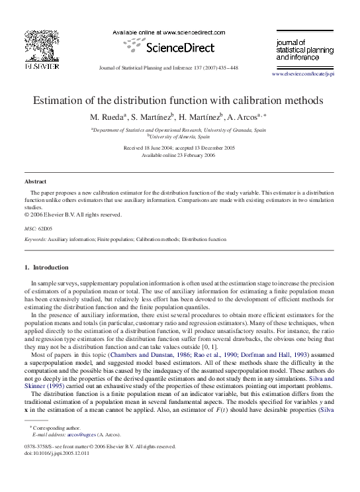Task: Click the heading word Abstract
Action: point(36,181)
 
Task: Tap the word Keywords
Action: point(34,238)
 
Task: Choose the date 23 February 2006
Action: point(191,155)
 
